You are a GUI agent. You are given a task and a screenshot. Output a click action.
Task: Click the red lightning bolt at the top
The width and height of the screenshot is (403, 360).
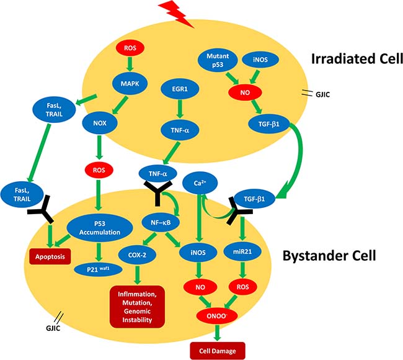click(x=177, y=12)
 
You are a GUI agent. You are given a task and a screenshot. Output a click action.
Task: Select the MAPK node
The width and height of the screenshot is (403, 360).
click(x=130, y=81)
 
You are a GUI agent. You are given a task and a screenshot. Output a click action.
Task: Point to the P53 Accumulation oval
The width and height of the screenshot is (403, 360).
click(x=100, y=227)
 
